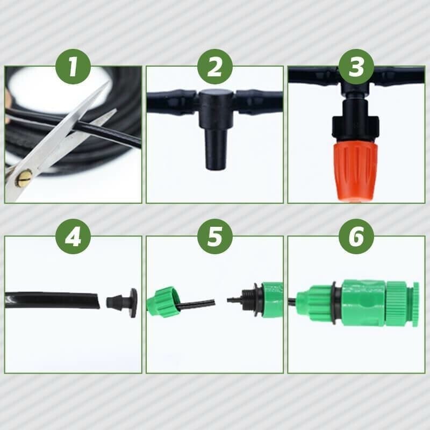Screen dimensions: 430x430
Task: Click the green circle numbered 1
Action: tap(73, 67)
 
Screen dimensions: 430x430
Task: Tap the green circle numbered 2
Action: tap(214, 67)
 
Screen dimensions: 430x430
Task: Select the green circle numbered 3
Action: tap(356, 67)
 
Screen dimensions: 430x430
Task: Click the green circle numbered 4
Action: tap(73, 236)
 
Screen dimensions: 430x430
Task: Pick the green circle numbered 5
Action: tap(214, 236)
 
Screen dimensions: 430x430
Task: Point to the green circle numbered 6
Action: tap(356, 236)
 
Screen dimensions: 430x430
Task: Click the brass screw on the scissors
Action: tap(23, 178)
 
